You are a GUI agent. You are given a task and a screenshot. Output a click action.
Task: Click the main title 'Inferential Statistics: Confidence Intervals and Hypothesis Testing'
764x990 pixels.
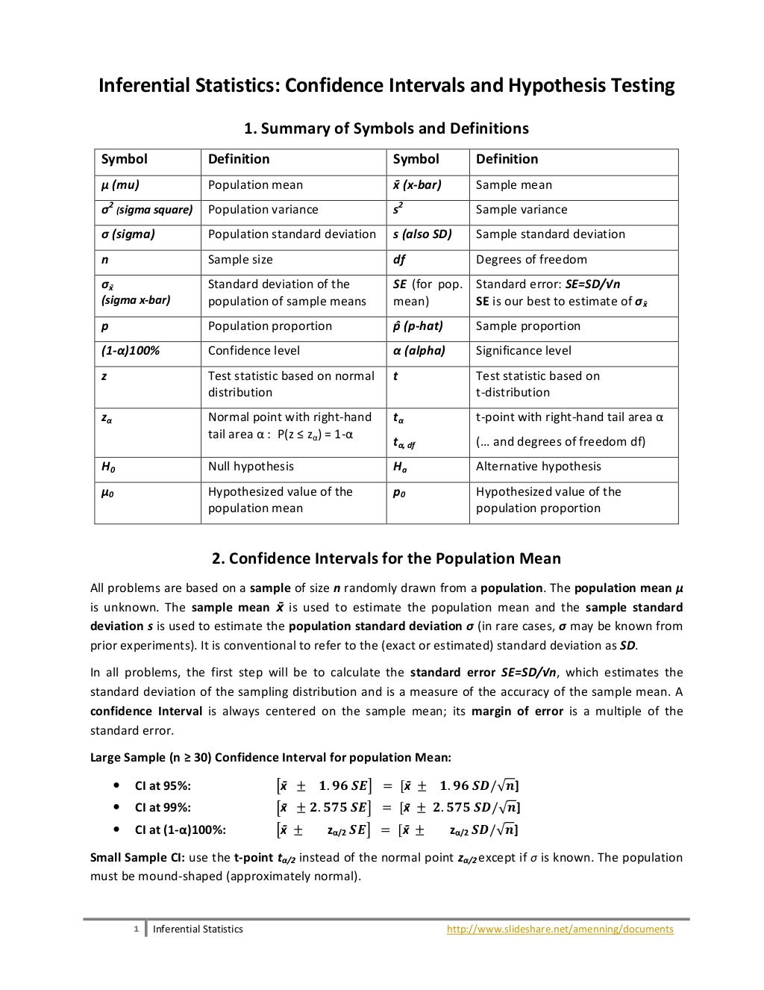coord(386,86)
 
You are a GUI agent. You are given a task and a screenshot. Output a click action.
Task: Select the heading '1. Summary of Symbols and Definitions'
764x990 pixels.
coord(386,128)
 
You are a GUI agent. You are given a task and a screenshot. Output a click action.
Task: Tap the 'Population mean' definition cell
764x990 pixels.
coord(255,185)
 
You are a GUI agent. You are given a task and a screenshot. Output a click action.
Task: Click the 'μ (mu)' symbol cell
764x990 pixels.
coord(120,185)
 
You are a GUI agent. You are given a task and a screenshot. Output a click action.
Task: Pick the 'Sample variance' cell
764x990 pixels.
coord(522,210)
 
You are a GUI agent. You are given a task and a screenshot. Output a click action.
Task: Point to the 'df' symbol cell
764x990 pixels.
coord(399,260)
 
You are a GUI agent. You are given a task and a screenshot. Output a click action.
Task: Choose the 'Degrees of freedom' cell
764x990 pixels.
coord(531,260)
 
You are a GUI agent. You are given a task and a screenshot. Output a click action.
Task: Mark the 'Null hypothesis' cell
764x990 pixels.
coord(251,467)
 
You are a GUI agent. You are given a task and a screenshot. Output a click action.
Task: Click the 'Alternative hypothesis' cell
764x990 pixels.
coord(538,467)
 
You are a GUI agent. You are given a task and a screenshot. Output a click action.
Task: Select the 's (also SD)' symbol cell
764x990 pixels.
coord(422,234)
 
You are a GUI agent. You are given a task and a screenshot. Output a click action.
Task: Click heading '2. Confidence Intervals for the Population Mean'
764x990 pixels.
coord(386,558)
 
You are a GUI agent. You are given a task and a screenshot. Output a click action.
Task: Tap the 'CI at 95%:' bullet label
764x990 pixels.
coord(163,785)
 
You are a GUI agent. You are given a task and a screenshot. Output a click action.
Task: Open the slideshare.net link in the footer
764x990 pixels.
coord(560,930)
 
